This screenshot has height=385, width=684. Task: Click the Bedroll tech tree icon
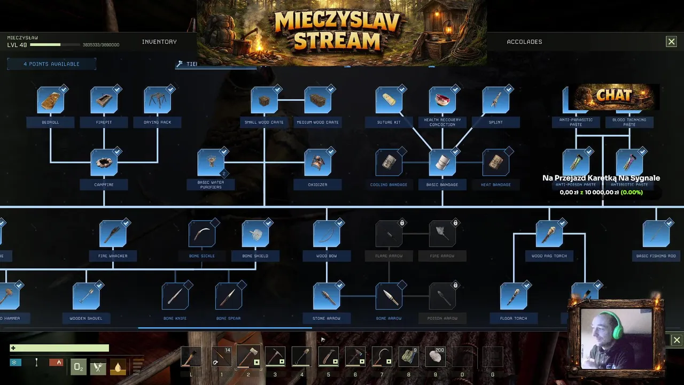tap(51, 101)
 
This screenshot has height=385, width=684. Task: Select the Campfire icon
tap(104, 163)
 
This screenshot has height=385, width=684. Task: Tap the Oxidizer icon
tap(318, 163)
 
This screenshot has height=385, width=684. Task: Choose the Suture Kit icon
tap(389, 101)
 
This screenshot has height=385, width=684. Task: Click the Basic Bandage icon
tap(442, 163)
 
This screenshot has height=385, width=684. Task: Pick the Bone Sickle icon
tap(202, 234)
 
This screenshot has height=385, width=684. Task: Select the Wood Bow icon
tap(327, 234)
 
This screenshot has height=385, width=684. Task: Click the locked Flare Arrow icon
tap(389, 234)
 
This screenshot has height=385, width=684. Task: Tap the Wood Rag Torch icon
tap(549, 234)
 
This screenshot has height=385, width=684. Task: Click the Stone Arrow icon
tap(327, 297)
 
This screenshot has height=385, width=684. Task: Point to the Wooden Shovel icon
tap(86, 297)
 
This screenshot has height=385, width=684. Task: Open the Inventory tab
tap(159, 42)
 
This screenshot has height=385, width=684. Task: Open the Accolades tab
tap(524, 42)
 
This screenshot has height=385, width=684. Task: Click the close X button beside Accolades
tap(671, 42)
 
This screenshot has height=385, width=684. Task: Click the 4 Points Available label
tap(51, 64)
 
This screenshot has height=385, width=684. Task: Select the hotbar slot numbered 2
tap(248, 357)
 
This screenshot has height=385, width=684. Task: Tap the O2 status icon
tap(79, 367)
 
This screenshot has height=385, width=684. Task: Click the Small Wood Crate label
tap(265, 122)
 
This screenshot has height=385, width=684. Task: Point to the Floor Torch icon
tap(514, 297)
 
